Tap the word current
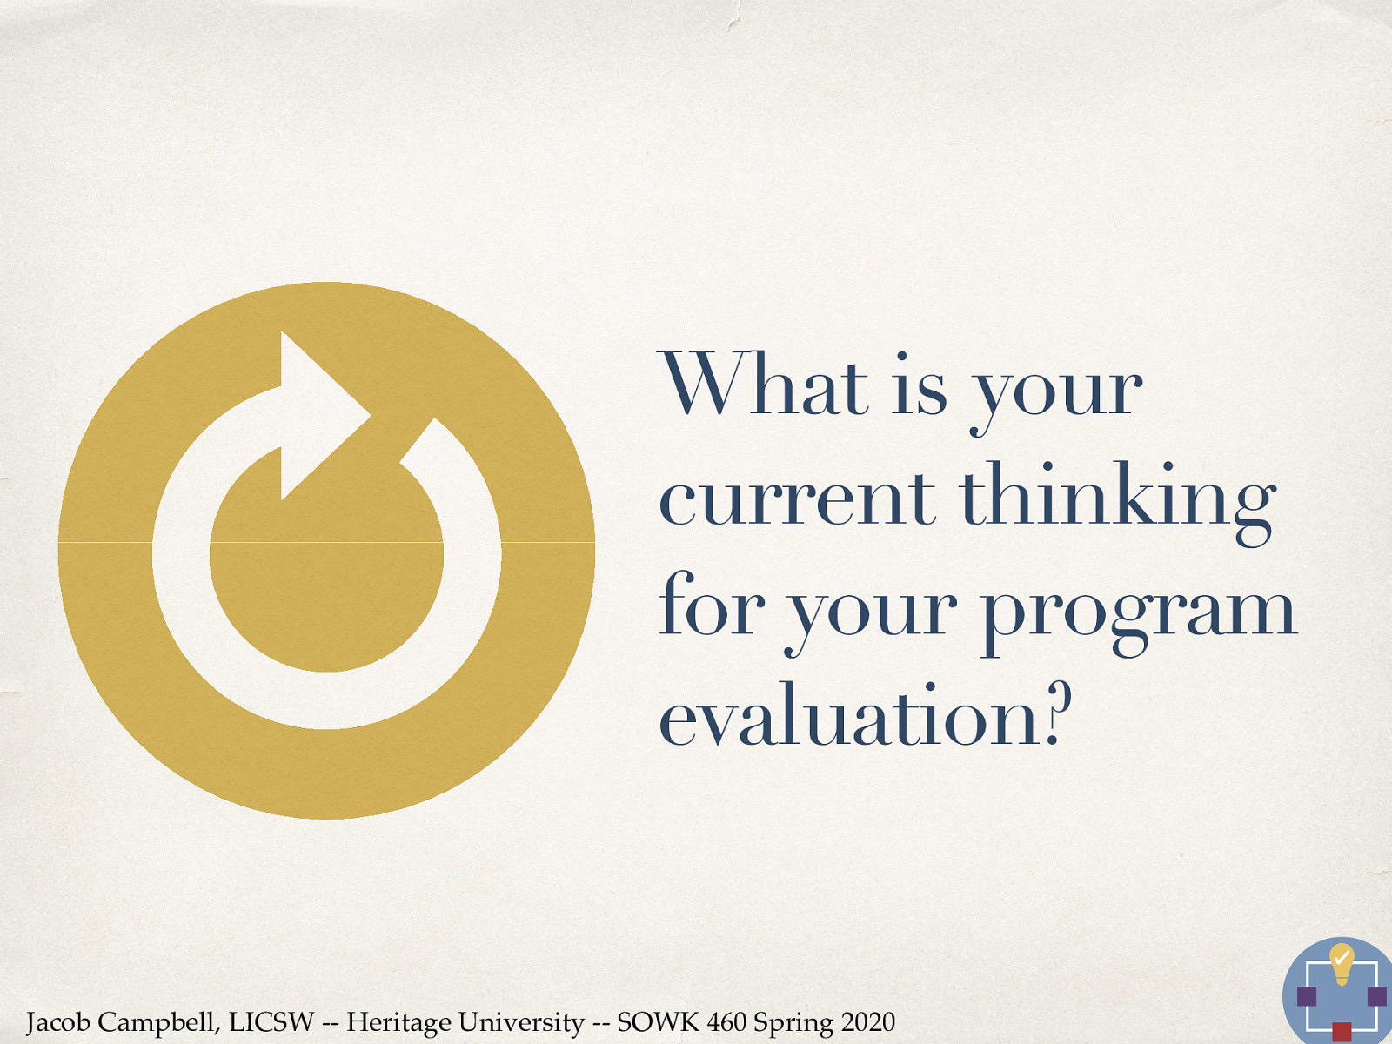coord(796,498)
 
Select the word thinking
coord(1116,498)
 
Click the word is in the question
coord(920,385)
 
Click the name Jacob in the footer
coord(57,1022)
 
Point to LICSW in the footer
coord(271,1021)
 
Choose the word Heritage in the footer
coord(398,1022)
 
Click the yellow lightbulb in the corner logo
coord(1342,962)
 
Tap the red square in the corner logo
coord(1342,1033)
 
